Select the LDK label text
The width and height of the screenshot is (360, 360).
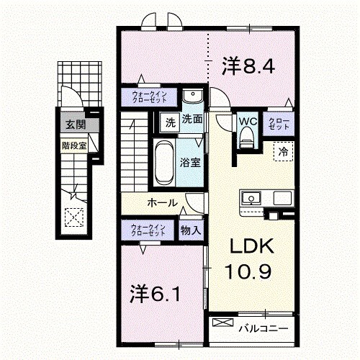[x=251, y=247]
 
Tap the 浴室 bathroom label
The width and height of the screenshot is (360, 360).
[x=191, y=163]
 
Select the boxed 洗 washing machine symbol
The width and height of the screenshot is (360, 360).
[x=170, y=121]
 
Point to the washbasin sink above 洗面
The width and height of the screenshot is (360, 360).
[x=192, y=97]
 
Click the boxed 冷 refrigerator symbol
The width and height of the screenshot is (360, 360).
[x=284, y=153]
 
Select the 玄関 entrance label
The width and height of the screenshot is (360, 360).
[x=73, y=125]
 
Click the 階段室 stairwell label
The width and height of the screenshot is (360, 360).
[x=73, y=144]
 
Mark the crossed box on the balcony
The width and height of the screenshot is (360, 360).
[x=222, y=324]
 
